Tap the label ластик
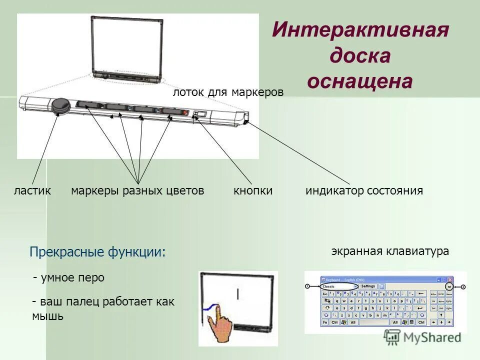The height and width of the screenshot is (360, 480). tap(32, 190)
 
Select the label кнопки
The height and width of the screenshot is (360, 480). tap(253, 190)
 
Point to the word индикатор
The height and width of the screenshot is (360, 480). tap(334, 190)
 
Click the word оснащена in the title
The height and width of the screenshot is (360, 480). tap(360, 81)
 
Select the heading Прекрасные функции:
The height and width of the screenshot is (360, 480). tap(97, 251)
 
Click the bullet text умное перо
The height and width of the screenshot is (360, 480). tap(72, 277)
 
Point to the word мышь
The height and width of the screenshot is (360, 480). tap(47, 316)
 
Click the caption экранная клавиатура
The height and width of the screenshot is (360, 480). tap(390, 251)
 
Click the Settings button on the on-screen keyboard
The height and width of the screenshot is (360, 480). tap(368, 286)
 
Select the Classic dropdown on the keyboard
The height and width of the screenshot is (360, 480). tap(339, 286)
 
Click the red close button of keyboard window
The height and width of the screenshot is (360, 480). tap(450, 280)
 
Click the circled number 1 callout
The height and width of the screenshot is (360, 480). tap(307, 286)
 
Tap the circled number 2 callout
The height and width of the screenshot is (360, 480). tap(463, 287)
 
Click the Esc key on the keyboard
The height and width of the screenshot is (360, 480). tap(325, 293)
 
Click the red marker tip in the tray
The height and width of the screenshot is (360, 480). tap(184, 112)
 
